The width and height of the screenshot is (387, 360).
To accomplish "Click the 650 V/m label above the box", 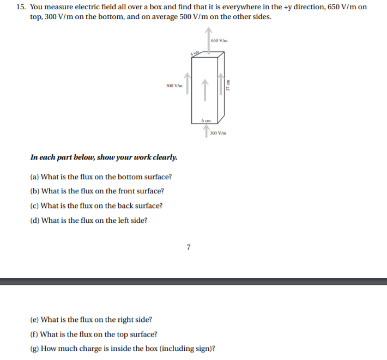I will [x=219, y=40].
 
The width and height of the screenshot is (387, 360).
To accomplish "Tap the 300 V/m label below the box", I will [x=217, y=133].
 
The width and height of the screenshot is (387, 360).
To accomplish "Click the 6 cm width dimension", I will [x=205, y=119].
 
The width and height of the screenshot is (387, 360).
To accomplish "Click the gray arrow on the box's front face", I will [x=205, y=90].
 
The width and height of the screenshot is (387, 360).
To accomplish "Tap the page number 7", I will [x=188, y=247].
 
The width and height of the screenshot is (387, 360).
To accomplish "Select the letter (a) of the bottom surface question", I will [x=35, y=176].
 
